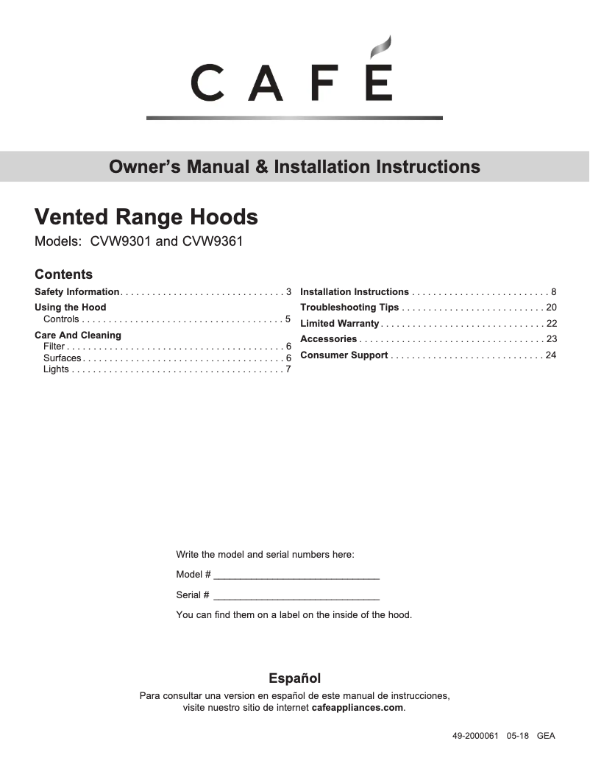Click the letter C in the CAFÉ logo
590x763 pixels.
[207, 83]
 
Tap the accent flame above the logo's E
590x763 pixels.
[378, 49]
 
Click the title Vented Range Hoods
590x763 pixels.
[146, 217]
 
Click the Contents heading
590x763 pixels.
[64, 274]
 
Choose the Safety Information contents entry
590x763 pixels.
[77, 292]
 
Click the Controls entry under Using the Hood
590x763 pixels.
[61, 319]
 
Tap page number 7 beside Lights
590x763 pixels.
[288, 369]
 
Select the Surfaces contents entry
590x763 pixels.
[63, 358]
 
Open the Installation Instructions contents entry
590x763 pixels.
[355, 292]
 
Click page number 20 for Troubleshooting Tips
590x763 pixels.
[551, 308]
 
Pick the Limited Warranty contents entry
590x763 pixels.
[339, 324]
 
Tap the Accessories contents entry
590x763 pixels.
[328, 339]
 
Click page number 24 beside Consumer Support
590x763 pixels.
[551, 355]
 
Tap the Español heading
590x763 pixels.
[294, 678]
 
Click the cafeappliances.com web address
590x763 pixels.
[358, 708]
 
